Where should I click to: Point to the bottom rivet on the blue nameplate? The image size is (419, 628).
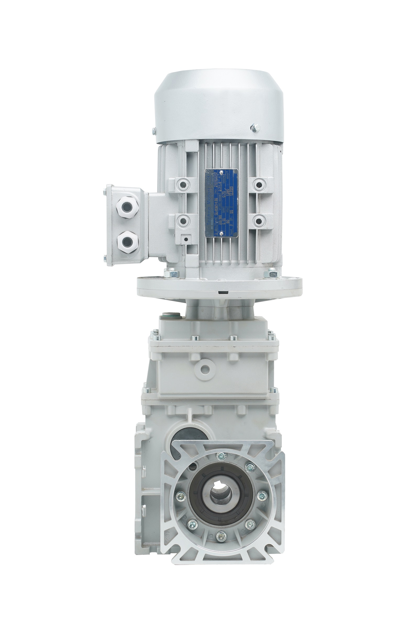click(x=221, y=233)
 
